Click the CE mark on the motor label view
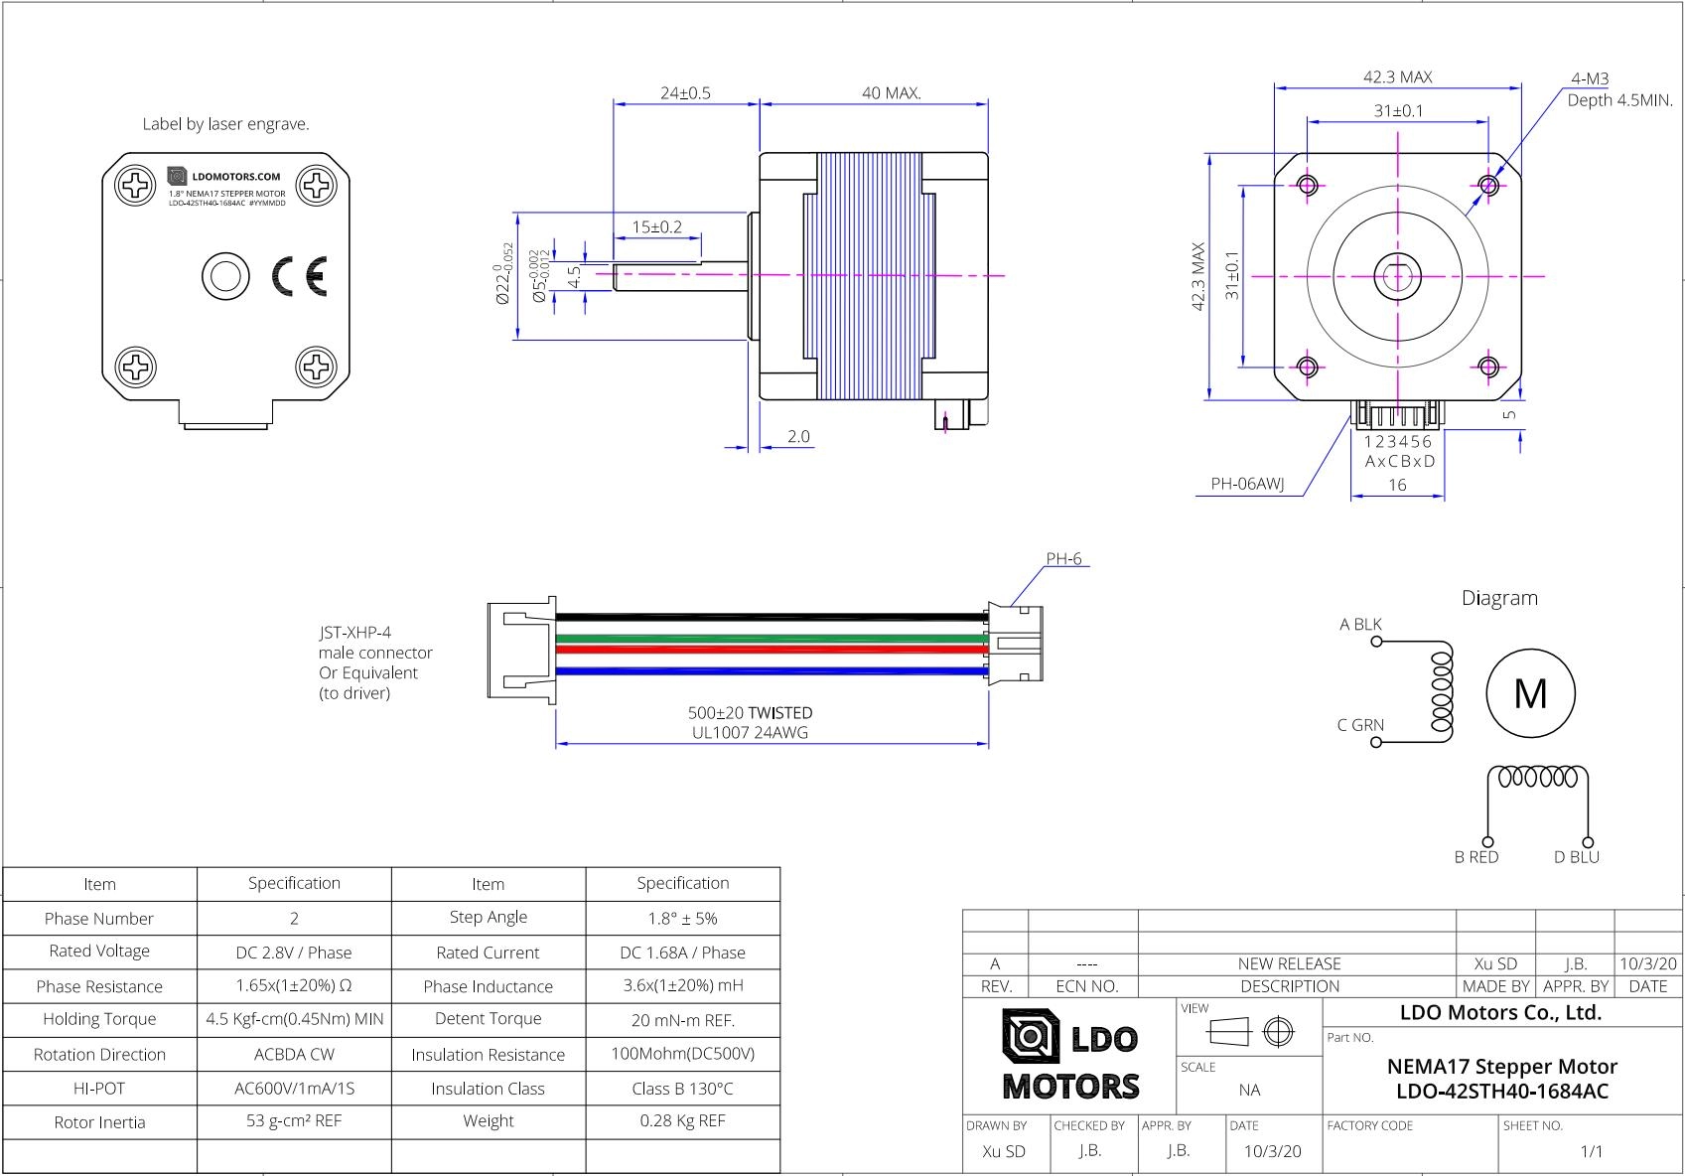300,276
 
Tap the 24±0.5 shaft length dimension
686,93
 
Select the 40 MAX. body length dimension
892,93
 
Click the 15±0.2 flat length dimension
657,227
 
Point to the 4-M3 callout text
1590,78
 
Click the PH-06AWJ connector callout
1247,485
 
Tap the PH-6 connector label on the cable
1063,559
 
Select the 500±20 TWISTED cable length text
750,713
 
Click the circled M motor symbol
1530,693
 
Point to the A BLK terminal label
1360,625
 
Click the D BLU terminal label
1577,857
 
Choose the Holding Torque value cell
295,1019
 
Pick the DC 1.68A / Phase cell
682,953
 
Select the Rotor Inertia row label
99,1122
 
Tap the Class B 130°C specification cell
682,1089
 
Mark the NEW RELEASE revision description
1289,963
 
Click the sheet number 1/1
1591,1151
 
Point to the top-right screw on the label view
318,184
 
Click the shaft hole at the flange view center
1398,275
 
